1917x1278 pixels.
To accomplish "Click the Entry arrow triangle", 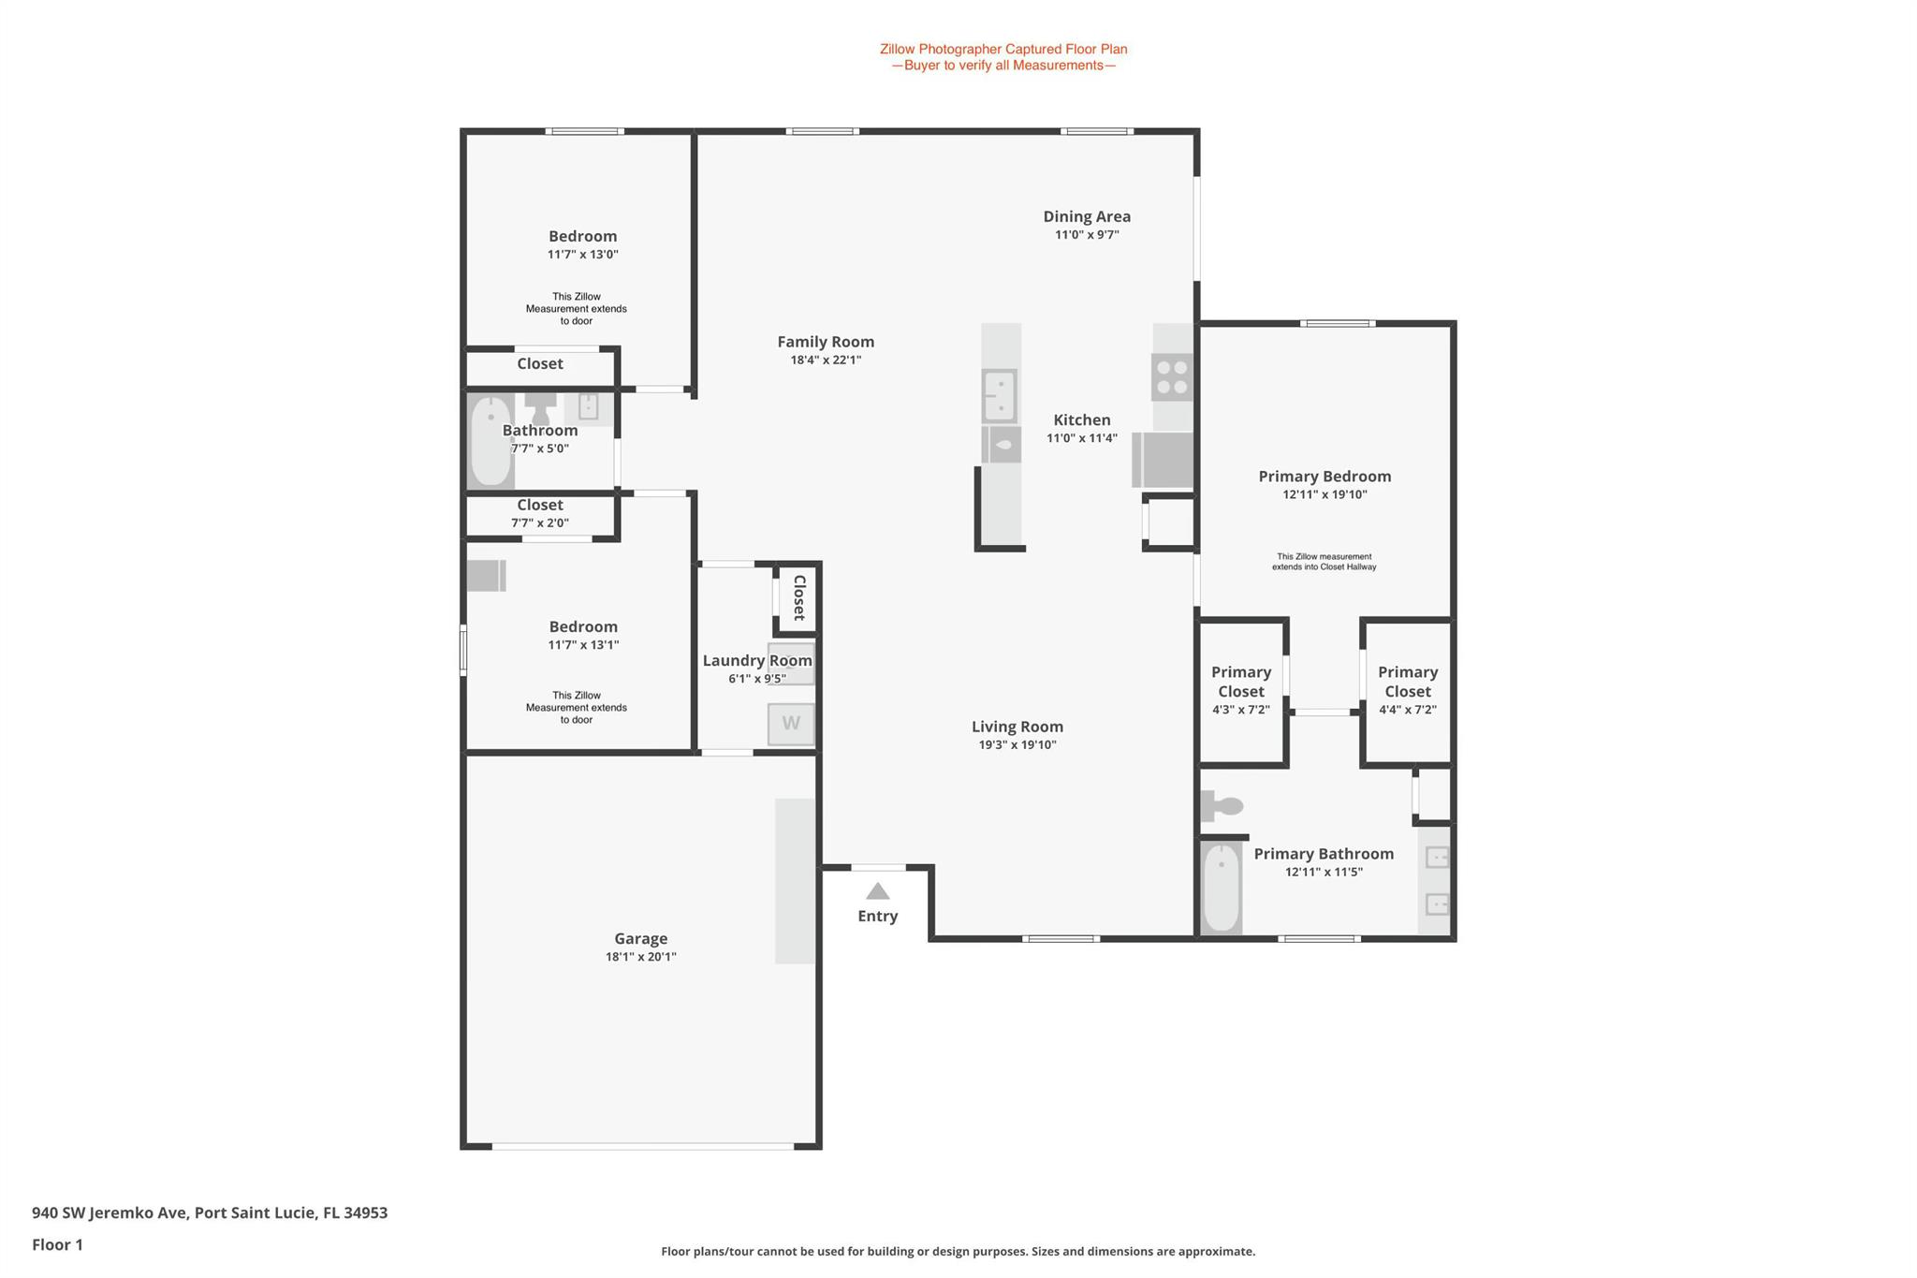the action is [x=877, y=891].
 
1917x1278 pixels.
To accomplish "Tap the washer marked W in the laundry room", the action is [x=791, y=724].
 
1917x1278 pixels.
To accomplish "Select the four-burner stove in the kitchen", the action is [x=1172, y=377].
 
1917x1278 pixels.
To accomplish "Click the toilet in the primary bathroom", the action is [x=1222, y=806].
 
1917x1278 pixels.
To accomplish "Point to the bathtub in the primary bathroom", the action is [x=1221, y=888].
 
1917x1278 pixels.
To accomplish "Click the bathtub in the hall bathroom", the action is [x=490, y=441].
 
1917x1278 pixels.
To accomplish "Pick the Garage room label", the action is [x=641, y=938].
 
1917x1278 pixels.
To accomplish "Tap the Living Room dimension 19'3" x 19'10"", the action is [x=1017, y=745].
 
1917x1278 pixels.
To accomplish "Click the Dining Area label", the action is [x=1087, y=216].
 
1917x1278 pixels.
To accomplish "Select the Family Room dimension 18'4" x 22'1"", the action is [x=826, y=360].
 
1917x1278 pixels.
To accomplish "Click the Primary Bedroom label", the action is [x=1324, y=477].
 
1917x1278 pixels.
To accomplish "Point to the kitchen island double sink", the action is [x=1000, y=396].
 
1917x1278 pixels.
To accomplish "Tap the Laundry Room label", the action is [x=757, y=661].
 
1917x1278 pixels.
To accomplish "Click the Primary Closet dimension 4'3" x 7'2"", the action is [x=1241, y=710].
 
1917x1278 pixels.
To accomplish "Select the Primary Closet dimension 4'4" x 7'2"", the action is [x=1408, y=710].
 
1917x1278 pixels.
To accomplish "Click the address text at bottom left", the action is [x=210, y=1212].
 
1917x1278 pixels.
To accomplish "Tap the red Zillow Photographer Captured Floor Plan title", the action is [x=1003, y=49].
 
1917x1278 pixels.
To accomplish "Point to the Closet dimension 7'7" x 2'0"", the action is [x=540, y=523].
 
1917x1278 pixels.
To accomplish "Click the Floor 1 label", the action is [x=57, y=1244].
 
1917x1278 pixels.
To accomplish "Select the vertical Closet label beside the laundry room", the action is [x=799, y=597].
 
